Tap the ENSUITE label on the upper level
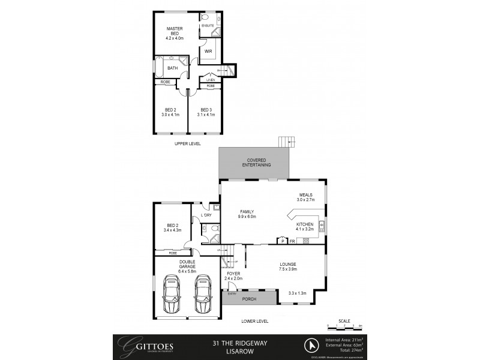pyautogui.click(x=208, y=26)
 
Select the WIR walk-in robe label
pyautogui.click(x=208, y=52)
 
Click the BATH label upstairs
pyautogui.click(x=173, y=68)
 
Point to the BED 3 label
pyautogui.click(x=206, y=109)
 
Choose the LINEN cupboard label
pyautogui.click(x=210, y=80)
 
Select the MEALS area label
pyautogui.click(x=307, y=195)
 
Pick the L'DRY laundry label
pyautogui.click(x=206, y=215)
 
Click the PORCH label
pyautogui.click(x=248, y=298)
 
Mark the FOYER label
pyautogui.click(x=233, y=274)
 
